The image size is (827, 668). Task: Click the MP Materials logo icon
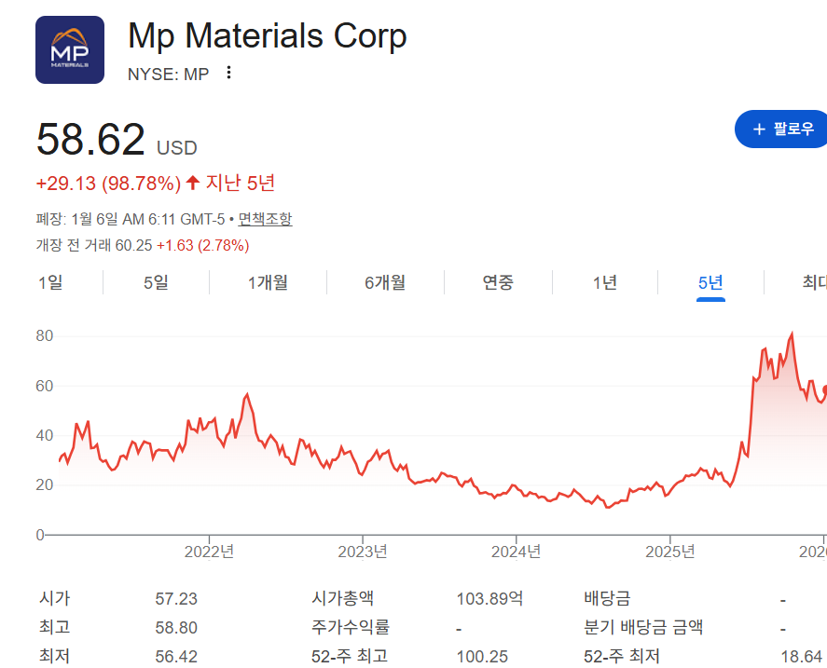[69, 50]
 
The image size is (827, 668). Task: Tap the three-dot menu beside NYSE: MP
[229, 73]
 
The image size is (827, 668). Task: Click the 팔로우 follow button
[782, 129]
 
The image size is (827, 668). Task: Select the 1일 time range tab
[50, 282]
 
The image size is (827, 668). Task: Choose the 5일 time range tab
[156, 282]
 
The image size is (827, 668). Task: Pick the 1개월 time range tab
[268, 282]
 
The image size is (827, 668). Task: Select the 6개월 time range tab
[385, 282]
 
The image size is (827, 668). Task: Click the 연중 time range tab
[498, 282]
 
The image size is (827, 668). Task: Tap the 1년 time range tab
[604, 282]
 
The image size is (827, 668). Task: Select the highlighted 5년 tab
[710, 282]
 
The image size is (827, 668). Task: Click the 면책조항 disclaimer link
[265, 219]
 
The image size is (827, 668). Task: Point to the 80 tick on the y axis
[45, 335]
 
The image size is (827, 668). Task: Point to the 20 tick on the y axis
[45, 484]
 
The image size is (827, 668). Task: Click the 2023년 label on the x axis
[363, 551]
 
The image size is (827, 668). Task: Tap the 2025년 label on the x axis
[670, 551]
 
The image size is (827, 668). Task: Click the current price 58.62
[90, 140]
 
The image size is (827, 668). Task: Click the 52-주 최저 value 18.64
[802, 657]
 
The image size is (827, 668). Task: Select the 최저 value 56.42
[176, 657]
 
